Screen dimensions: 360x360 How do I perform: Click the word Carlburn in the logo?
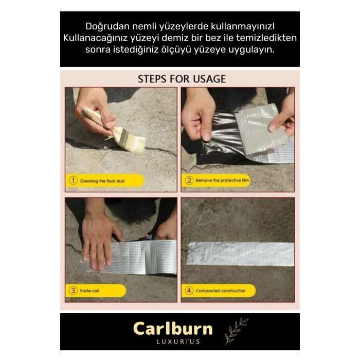pyautogui.click(x=173, y=329)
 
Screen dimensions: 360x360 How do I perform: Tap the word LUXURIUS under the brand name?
pyautogui.click(x=178, y=341)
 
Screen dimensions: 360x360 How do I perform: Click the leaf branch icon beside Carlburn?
pyautogui.click(x=236, y=331)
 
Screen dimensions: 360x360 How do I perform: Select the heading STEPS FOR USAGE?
pyautogui.click(x=182, y=79)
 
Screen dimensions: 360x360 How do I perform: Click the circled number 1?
pyautogui.click(x=73, y=181)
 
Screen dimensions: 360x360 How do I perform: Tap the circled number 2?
pyautogui.click(x=189, y=181)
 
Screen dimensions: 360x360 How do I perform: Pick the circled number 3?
pyautogui.click(x=73, y=291)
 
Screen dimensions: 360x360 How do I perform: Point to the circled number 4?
pyautogui.click(x=189, y=291)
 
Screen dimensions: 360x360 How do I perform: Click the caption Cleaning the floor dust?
pyautogui.click(x=102, y=181)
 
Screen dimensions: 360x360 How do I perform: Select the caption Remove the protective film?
pyautogui.click(x=222, y=181)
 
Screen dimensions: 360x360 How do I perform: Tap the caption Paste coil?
pyautogui.click(x=89, y=291)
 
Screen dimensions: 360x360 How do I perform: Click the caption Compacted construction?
pyautogui.click(x=221, y=291)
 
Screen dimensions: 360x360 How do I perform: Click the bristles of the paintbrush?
pyautogui.click(x=134, y=143)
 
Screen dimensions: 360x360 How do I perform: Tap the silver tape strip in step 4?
pyautogui.click(x=240, y=254)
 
